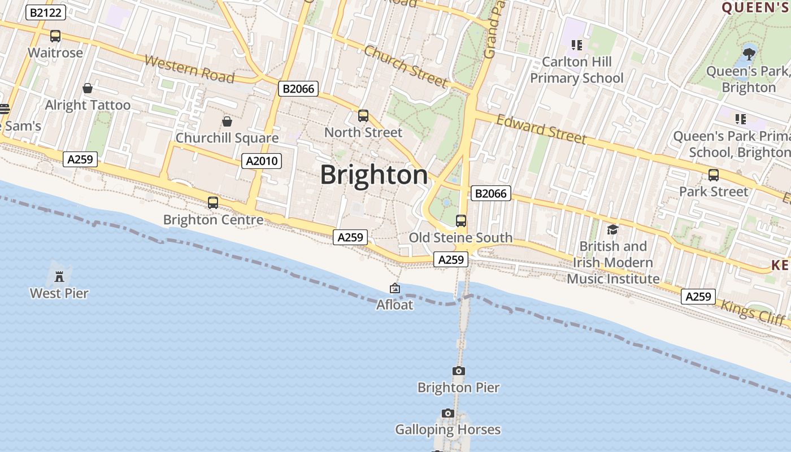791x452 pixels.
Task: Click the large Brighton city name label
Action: coord(374,175)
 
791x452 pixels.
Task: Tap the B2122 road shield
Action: coord(46,12)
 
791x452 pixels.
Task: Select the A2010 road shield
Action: coord(262,161)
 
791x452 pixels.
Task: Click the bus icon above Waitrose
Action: coord(55,36)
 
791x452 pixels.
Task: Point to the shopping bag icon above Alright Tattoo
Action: coord(88,88)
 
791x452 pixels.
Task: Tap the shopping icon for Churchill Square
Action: coord(227,121)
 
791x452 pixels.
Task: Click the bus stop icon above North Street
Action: coord(363,116)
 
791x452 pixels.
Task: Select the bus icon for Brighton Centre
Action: coord(213,203)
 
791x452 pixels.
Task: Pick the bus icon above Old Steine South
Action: coord(461,221)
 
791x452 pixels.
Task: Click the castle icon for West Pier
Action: coord(59,276)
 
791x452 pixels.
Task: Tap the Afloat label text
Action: coord(394,305)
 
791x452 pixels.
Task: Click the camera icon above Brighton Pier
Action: coord(459,371)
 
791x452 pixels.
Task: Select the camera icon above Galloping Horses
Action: coord(448,414)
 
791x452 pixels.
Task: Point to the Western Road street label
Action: coord(189,69)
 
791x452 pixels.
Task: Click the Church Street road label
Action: coord(406,66)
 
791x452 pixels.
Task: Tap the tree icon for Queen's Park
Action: coord(749,54)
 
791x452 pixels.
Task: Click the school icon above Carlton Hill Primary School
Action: coord(576,45)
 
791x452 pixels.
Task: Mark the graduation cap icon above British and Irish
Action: coord(612,229)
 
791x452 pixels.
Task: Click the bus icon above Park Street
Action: coord(714,175)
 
